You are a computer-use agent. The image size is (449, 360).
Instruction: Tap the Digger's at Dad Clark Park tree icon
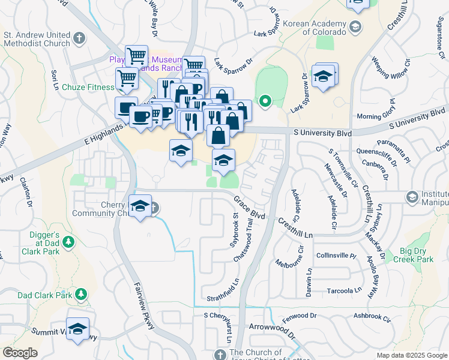point(69,241)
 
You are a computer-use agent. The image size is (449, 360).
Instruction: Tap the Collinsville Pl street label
point(337,256)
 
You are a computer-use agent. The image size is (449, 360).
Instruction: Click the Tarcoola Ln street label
point(342,290)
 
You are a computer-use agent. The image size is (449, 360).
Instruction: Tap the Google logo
point(20,353)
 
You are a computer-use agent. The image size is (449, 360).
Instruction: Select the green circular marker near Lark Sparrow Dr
point(264,101)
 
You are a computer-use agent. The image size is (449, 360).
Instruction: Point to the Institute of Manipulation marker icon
point(412,196)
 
